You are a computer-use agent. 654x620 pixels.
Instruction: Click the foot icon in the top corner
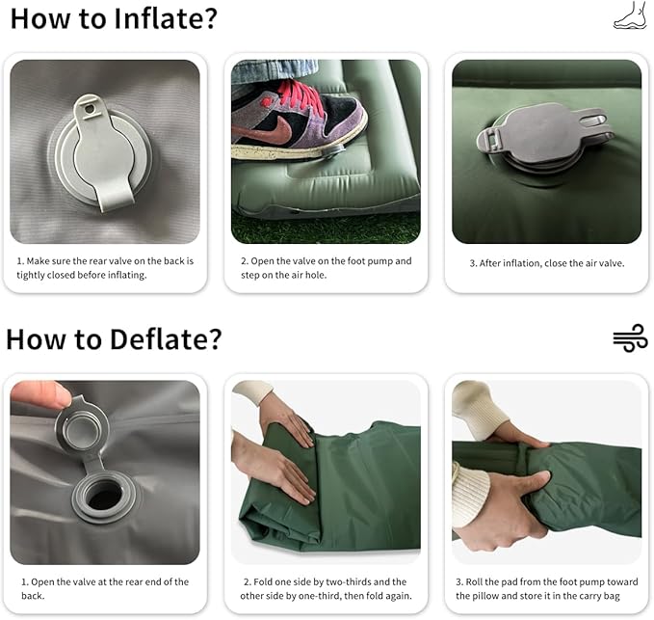point(630,15)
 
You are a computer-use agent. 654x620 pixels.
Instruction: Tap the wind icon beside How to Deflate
point(630,337)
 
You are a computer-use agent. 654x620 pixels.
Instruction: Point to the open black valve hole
point(104,496)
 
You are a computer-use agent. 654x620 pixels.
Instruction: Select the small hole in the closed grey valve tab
point(89,109)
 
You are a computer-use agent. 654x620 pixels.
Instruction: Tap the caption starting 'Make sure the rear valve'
point(105,268)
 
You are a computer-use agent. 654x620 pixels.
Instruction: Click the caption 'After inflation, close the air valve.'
point(547,263)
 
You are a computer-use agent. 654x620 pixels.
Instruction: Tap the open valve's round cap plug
point(82,428)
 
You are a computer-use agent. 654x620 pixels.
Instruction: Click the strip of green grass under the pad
point(326,228)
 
